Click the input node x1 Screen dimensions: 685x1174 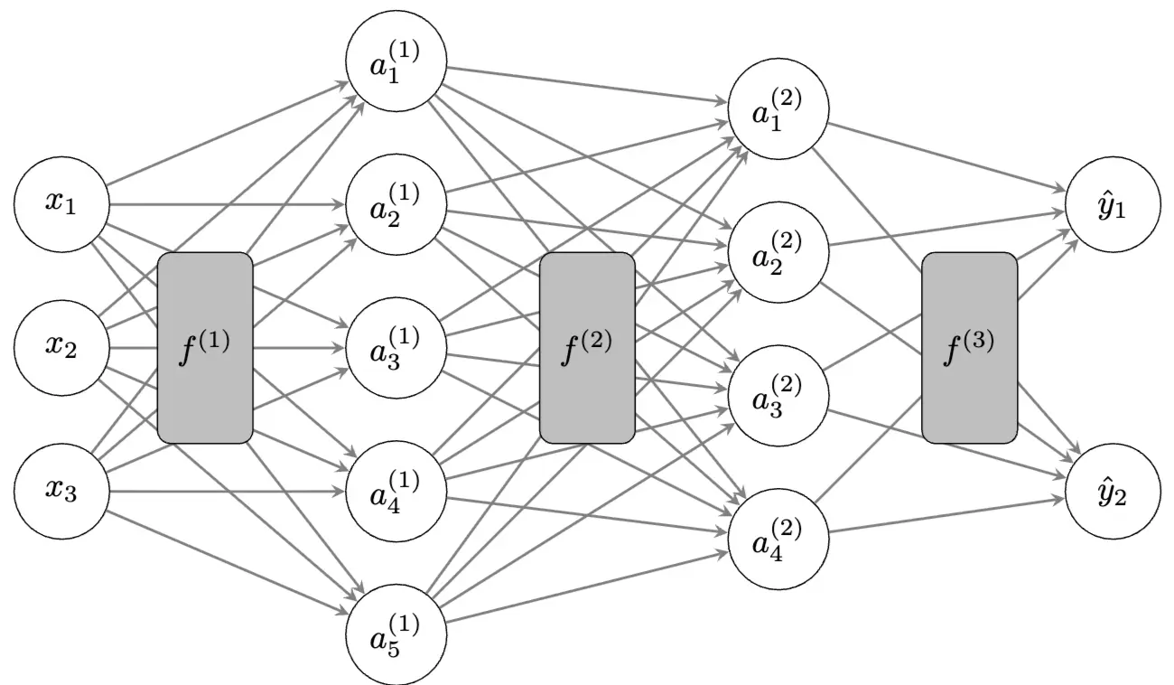click(x=61, y=204)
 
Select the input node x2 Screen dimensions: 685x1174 click(x=61, y=348)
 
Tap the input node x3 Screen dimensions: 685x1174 click(x=61, y=492)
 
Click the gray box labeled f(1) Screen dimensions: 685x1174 click(x=205, y=348)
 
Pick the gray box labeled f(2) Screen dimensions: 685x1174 click(x=587, y=348)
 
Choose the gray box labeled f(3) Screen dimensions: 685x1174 click(x=969, y=348)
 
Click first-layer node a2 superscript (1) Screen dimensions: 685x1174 click(x=396, y=204)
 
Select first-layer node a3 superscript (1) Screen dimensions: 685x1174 click(x=396, y=348)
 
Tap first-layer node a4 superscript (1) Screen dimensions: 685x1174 click(x=396, y=492)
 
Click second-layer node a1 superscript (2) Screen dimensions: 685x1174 click(x=778, y=110)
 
